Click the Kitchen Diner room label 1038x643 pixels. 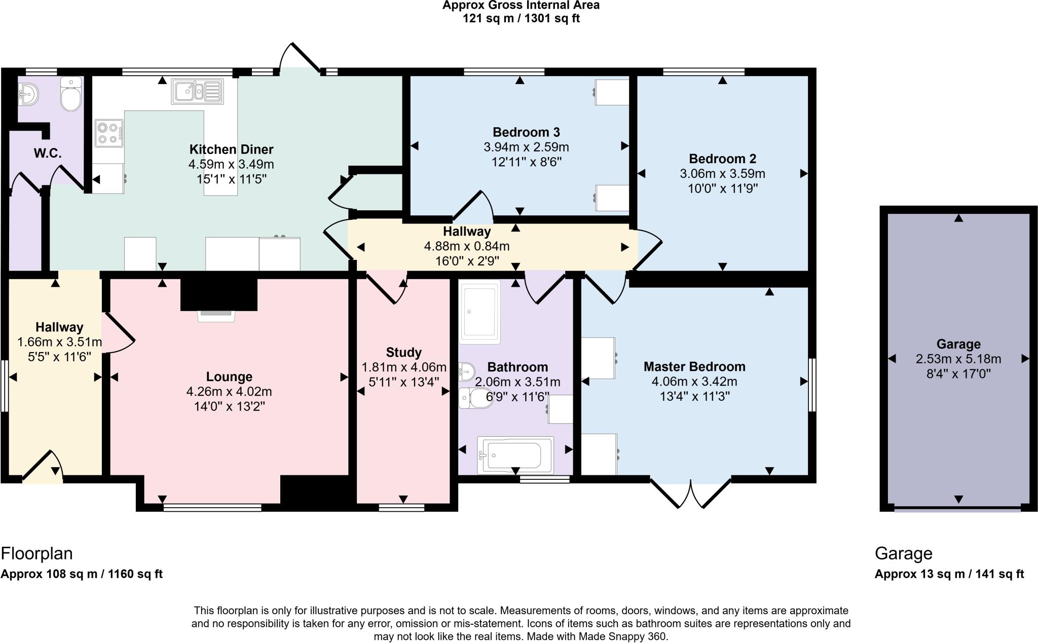tap(231, 149)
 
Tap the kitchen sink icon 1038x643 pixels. tap(197, 92)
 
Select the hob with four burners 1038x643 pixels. tap(109, 133)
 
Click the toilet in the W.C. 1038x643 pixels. tap(71, 94)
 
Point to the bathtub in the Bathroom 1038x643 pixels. tap(515, 455)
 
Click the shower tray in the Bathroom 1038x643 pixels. tap(479, 311)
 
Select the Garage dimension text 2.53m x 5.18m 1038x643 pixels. tap(958, 359)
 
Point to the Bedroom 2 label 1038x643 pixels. tap(722, 159)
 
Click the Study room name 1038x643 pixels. tap(403, 352)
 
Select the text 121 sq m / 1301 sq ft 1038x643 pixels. tap(521, 19)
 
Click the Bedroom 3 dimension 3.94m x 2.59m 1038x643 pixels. tap(526, 147)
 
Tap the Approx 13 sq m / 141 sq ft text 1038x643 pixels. tap(949, 574)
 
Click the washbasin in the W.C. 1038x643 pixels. tap(28, 93)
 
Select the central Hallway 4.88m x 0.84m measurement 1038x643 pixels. tap(466, 247)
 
